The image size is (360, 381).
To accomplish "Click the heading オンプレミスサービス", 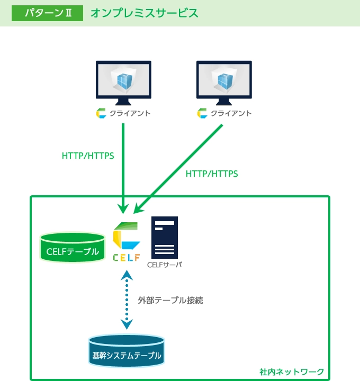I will [144, 13].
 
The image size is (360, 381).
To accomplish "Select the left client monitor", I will [123, 81].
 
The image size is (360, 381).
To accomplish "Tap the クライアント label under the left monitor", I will [130, 113].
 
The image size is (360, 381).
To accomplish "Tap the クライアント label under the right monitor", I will [231, 113].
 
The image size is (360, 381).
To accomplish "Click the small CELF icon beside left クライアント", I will [101, 113].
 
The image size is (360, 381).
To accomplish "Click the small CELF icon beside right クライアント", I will [202, 113].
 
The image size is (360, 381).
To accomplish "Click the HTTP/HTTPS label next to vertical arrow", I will [88, 156].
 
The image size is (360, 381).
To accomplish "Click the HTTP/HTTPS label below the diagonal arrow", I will [212, 174].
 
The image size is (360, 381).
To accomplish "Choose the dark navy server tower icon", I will [165, 237].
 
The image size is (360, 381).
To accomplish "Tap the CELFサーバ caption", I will [165, 265].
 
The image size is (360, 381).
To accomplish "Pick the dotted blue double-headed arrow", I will [127, 300].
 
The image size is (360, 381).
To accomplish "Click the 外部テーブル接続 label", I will [170, 300].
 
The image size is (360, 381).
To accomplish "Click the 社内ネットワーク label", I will [292, 371].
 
